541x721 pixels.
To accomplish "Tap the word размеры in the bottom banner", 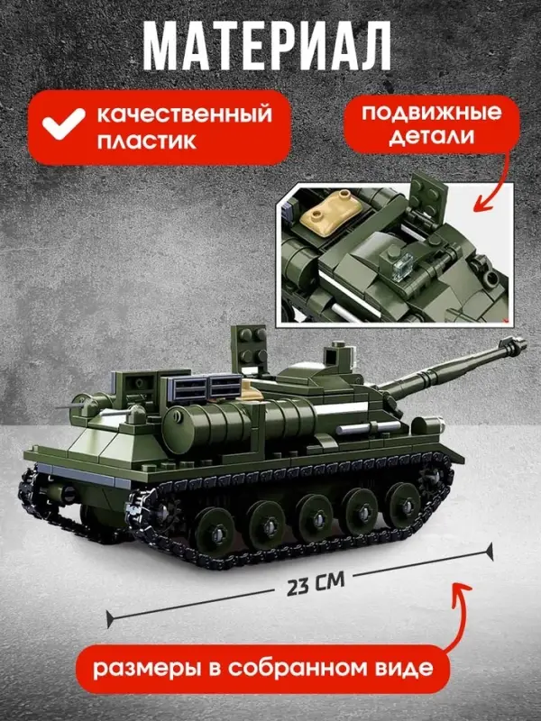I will pos(153,669).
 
